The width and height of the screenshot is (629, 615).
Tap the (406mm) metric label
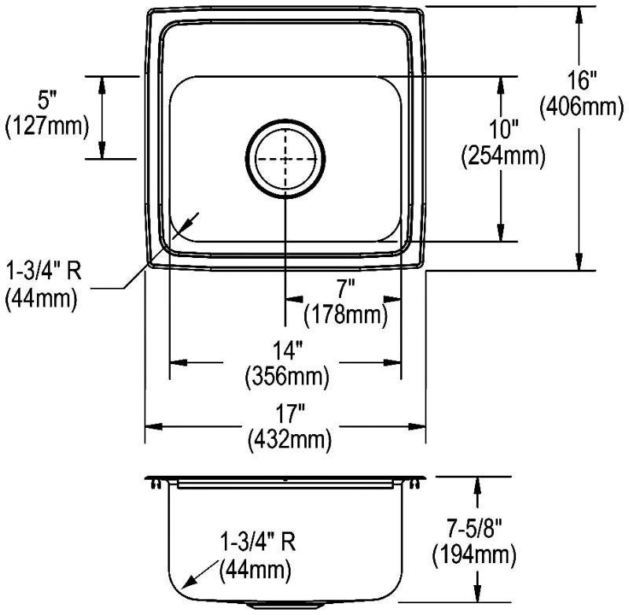coord(582,106)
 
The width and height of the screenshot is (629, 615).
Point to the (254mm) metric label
coord(503,155)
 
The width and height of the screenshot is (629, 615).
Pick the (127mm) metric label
coord(46,126)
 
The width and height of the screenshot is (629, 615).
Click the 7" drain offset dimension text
coord(346,289)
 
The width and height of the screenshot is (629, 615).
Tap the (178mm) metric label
coord(346,315)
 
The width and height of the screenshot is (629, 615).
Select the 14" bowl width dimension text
coord(287,350)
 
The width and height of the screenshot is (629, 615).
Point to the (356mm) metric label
coord(287,376)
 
